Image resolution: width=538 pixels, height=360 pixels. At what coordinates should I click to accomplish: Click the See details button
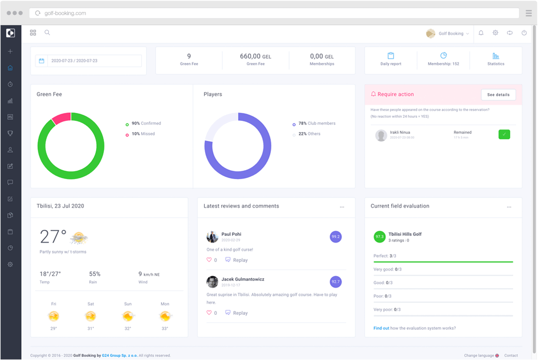(498, 95)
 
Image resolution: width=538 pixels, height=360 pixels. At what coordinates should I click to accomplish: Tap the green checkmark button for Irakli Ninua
(504, 135)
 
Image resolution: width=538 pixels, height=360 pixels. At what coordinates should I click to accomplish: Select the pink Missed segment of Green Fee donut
(61, 118)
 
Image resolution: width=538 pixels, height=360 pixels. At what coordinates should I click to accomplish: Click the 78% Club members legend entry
(314, 123)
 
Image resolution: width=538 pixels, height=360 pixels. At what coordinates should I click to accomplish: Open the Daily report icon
(391, 56)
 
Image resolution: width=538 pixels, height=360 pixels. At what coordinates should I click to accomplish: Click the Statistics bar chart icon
(496, 56)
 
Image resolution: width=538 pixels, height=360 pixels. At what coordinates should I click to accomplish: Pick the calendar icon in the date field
(42, 61)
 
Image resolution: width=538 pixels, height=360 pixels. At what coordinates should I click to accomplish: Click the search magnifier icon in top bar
(47, 33)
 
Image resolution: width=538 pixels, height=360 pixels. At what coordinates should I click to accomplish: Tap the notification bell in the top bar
(481, 33)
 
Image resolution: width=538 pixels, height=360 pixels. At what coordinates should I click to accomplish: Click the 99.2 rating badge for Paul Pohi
(335, 237)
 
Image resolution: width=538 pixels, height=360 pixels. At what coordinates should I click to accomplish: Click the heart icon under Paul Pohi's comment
(209, 260)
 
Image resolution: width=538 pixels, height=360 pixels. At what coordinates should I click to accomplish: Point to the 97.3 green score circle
(380, 237)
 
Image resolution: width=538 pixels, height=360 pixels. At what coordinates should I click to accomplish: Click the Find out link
(381, 328)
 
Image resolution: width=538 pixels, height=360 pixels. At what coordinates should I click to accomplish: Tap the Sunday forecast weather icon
(128, 316)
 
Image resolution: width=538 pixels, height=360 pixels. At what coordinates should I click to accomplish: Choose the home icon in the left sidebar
(10, 68)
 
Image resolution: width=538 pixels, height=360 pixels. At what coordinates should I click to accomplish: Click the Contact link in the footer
(511, 355)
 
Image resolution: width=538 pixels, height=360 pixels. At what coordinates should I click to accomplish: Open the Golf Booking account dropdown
(448, 33)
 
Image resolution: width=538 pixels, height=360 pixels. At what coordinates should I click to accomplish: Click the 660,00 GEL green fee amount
(255, 57)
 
